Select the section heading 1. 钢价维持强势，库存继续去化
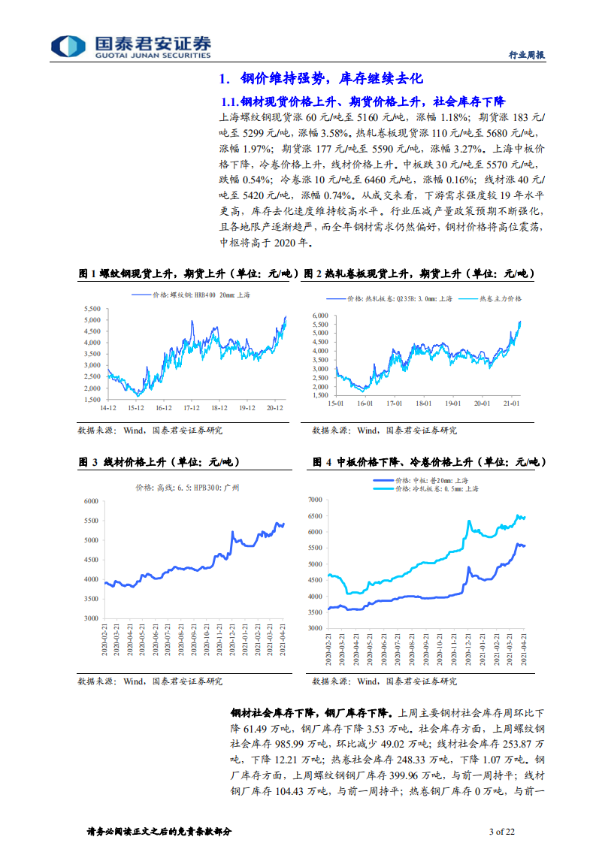[x=321, y=79]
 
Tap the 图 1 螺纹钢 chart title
[x=189, y=275]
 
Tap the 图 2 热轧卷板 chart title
[x=419, y=275]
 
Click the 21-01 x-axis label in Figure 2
[x=512, y=404]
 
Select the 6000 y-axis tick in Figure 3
[x=91, y=501]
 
